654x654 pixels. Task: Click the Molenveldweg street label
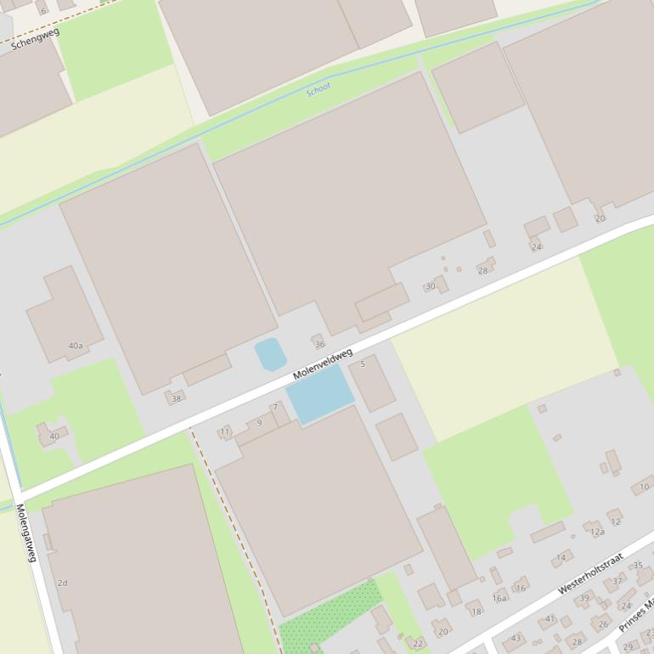322,364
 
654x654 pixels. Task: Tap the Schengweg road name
35,39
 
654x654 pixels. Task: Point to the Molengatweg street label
26,533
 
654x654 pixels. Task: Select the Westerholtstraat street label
590,573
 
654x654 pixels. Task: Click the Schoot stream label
319,88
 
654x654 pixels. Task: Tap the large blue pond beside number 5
319,394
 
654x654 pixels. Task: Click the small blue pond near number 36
270,353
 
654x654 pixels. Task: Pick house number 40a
76,346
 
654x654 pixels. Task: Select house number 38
177,397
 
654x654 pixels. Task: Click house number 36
319,344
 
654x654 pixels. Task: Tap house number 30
431,286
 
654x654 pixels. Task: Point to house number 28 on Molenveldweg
482,270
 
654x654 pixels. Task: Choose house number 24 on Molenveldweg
536,246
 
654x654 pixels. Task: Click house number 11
225,432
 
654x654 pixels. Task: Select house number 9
260,423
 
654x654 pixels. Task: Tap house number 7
274,408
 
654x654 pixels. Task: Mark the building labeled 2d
62,583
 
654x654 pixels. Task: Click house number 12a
597,532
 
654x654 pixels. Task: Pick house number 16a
499,598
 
